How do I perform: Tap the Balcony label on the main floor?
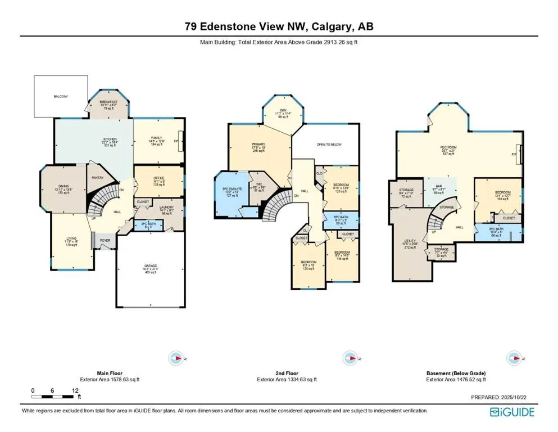pos(61,97)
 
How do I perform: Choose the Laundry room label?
pos(165,207)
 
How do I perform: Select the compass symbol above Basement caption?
pos(512,358)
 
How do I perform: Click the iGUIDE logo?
pos(511,412)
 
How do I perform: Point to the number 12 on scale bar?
pos(75,390)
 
